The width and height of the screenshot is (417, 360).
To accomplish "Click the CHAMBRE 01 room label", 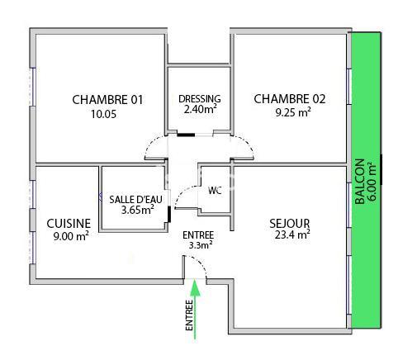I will point(107,100).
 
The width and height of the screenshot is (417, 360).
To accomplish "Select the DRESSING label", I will point(199,100).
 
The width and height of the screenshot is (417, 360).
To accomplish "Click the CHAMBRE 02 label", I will point(289,99).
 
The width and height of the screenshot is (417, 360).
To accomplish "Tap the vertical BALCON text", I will point(358,182).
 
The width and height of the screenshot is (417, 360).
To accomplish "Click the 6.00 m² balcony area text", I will point(371,182).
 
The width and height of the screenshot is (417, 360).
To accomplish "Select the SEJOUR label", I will point(289,223).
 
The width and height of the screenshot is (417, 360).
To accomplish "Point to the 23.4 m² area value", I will point(290,235).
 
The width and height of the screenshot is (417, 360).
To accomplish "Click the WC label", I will point(215,191).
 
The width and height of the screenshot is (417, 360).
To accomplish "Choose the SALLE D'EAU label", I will point(135,199).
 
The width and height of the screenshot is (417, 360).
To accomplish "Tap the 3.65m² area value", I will point(136,210).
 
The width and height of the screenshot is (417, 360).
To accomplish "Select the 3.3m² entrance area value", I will point(199,244).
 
